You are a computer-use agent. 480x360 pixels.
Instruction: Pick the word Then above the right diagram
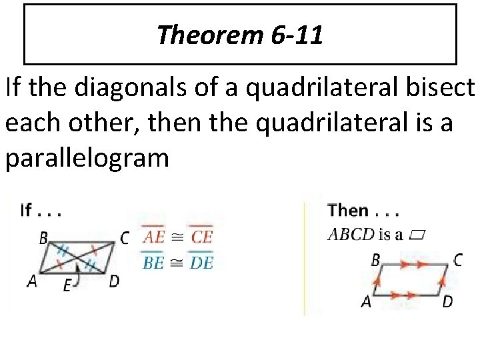[348, 211]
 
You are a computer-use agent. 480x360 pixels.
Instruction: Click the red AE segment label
[153, 237]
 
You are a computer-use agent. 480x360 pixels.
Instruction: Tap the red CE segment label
[201, 237]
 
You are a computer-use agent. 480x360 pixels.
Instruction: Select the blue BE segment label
[153, 262]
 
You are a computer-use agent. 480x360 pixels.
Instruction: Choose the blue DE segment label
[201, 262]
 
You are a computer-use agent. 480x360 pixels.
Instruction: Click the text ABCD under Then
[351, 234]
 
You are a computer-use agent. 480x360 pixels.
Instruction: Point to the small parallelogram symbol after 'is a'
[418, 235]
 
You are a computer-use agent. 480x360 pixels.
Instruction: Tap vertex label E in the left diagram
[67, 286]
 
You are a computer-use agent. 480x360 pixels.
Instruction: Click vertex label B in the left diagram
[43, 237]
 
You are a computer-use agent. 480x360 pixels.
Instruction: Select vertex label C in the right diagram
[457, 260]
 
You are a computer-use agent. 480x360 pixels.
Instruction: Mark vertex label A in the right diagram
[366, 301]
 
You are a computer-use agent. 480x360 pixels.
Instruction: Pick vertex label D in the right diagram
[447, 301]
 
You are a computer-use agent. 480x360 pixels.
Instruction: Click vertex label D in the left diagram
[114, 281]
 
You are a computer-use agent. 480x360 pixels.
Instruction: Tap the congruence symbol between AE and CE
[177, 237]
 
